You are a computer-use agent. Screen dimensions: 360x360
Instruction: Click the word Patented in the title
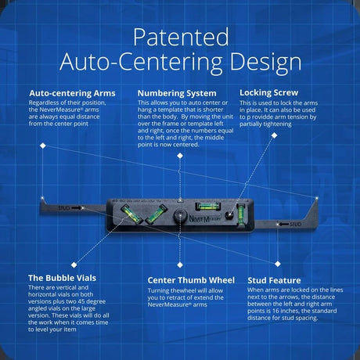[x=181, y=37]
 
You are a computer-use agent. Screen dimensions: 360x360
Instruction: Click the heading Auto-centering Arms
[x=72, y=93]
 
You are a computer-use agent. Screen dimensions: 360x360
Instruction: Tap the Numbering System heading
[x=177, y=93]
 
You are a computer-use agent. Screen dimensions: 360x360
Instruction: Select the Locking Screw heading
[x=268, y=92]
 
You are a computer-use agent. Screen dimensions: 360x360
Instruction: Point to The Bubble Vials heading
[x=62, y=278]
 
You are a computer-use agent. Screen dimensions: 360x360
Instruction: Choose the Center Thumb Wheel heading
[x=191, y=280]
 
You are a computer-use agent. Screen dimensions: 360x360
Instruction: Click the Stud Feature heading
[x=274, y=280]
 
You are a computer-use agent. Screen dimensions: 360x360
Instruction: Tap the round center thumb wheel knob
[x=180, y=216]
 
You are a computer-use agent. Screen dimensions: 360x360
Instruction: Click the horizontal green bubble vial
[x=208, y=207]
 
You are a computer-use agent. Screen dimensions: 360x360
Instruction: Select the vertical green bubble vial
[x=242, y=214]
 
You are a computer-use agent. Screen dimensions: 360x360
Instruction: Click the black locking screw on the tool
[x=229, y=215]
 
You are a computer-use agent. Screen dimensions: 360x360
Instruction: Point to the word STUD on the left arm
[x=64, y=208]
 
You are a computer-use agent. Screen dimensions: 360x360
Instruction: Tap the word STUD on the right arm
[x=296, y=224]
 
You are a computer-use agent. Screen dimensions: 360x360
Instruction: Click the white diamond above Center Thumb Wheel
[x=180, y=265]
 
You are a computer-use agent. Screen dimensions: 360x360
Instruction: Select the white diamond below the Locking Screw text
[x=274, y=135]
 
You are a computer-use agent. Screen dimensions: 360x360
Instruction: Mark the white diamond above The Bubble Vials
[x=74, y=265]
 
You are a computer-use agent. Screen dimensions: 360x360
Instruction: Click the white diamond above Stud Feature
[x=278, y=264]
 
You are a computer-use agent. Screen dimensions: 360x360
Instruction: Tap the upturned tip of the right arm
[x=317, y=199]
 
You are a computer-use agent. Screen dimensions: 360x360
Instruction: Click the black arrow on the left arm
[x=77, y=208]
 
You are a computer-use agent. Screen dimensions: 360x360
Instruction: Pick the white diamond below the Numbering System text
[x=180, y=156]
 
